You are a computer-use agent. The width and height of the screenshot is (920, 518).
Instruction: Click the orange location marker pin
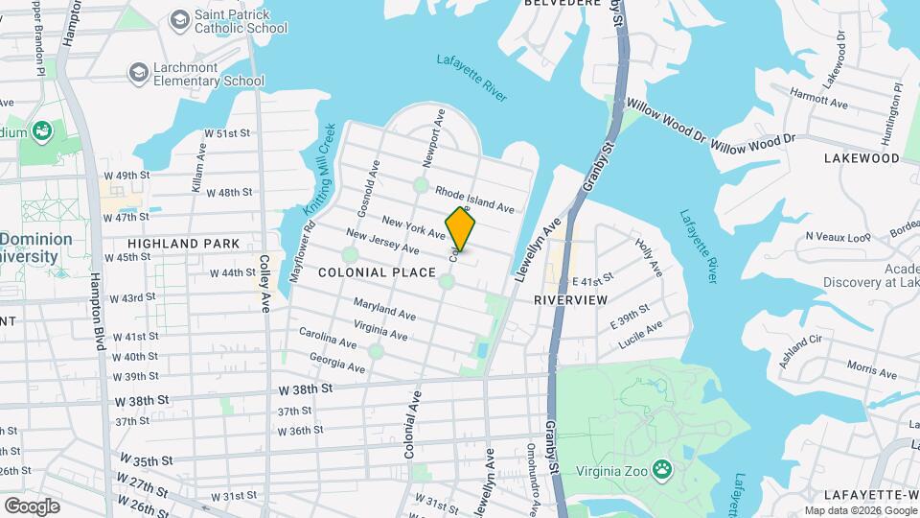pyautogui.click(x=460, y=229)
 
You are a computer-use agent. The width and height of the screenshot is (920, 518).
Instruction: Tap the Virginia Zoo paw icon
pyautogui.click(x=661, y=469)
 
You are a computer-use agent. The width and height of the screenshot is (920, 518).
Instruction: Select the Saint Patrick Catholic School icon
pyautogui.click(x=178, y=19)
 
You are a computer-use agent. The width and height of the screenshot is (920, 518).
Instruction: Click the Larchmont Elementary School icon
pyautogui.click(x=139, y=73)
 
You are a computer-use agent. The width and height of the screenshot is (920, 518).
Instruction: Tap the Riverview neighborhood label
pyautogui.click(x=570, y=300)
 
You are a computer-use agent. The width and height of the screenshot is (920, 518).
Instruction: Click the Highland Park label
pyautogui.click(x=183, y=244)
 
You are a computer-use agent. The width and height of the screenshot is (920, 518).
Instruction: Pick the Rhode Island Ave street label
pyautogui.click(x=474, y=200)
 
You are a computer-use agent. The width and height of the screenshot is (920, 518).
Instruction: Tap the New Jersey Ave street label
pyautogui.click(x=382, y=242)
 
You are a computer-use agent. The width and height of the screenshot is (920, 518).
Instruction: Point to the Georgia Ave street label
pyautogui.click(x=336, y=362)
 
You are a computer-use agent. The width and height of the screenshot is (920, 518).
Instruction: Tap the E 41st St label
pyautogui.click(x=591, y=280)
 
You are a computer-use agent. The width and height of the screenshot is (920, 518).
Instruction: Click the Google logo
pyautogui.click(x=31, y=506)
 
